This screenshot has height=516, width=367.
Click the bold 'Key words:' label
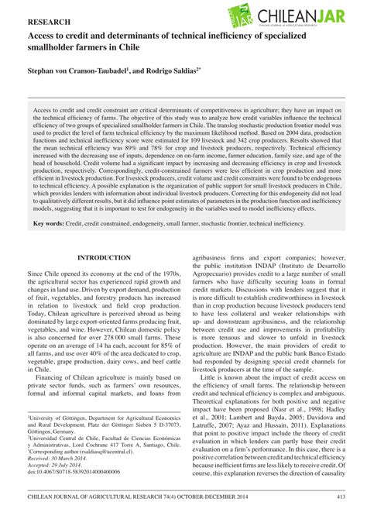[48, 224]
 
